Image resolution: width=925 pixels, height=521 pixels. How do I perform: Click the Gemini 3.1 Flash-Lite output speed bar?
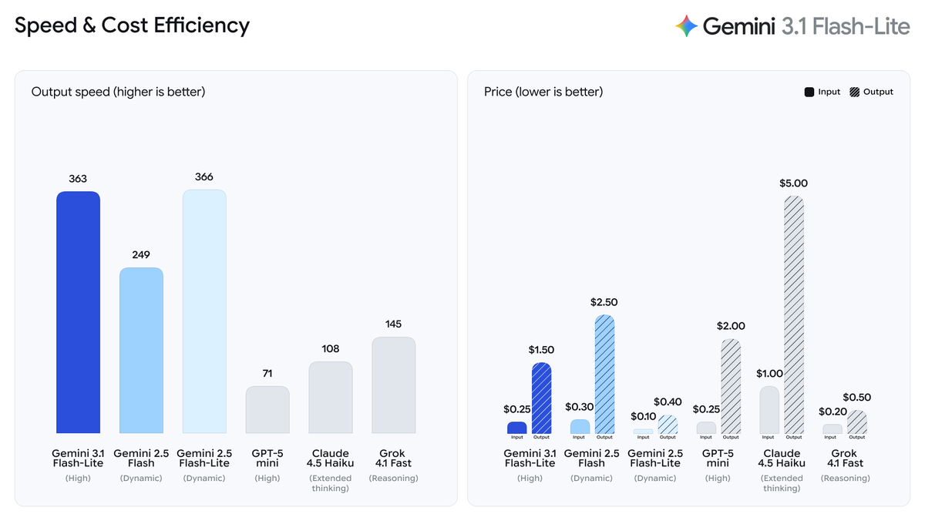(x=78, y=312)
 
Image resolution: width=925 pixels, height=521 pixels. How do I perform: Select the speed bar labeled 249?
(x=141, y=351)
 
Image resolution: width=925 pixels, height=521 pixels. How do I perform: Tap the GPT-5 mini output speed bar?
(x=267, y=410)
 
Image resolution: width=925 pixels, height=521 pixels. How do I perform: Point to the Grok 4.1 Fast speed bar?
(x=393, y=385)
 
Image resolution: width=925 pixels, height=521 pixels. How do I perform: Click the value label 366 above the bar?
(x=204, y=176)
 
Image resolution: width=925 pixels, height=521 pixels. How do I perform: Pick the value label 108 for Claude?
(x=331, y=348)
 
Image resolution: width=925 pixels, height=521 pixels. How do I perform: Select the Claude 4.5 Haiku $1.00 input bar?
(x=769, y=409)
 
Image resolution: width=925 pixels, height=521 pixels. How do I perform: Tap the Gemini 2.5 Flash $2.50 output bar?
(x=604, y=374)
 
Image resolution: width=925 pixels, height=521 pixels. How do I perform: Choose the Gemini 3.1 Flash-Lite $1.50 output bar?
(x=541, y=398)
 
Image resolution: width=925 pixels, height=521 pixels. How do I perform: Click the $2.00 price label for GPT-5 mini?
(x=731, y=326)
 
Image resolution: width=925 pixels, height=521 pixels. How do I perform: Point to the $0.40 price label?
(x=668, y=402)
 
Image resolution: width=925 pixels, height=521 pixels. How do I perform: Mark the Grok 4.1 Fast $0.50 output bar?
(x=856, y=422)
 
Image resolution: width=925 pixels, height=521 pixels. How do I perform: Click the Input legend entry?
(x=822, y=92)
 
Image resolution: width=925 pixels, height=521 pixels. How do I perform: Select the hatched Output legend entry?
(x=871, y=92)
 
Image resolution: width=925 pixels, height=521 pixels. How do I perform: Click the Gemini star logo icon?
(x=686, y=26)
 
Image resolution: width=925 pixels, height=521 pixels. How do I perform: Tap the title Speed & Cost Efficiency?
(x=132, y=25)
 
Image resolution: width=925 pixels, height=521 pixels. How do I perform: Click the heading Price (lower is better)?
(x=543, y=92)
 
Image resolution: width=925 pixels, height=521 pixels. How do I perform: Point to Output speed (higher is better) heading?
(x=118, y=92)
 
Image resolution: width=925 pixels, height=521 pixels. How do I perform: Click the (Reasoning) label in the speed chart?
(x=393, y=478)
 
